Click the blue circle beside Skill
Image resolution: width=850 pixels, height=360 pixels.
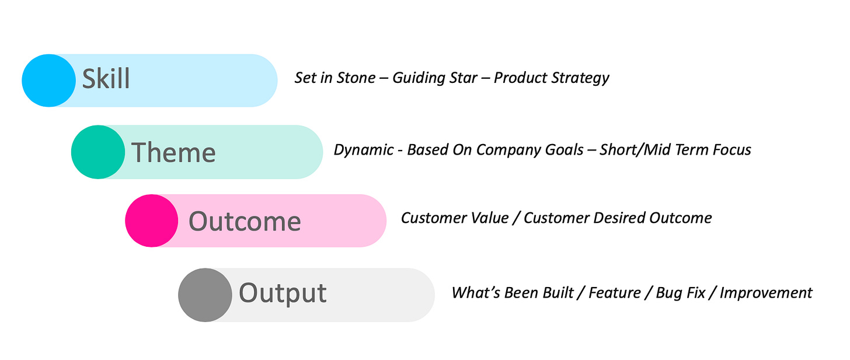(48, 81)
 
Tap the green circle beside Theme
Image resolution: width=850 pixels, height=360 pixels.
(98, 152)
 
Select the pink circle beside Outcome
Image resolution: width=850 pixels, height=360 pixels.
(152, 221)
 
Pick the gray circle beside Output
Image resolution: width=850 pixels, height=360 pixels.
(205, 295)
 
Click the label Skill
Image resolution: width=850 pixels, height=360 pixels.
(106, 79)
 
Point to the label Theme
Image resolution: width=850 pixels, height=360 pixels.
(173, 152)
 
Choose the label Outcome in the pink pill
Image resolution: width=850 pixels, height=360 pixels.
(245, 221)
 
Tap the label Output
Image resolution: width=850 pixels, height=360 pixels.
(283, 293)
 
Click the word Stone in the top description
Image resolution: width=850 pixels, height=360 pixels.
(356, 78)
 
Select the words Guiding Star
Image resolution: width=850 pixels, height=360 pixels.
(435, 78)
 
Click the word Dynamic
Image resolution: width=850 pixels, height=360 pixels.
(364, 150)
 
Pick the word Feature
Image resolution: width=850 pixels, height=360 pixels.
(615, 293)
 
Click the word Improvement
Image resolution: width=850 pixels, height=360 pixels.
(766, 293)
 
